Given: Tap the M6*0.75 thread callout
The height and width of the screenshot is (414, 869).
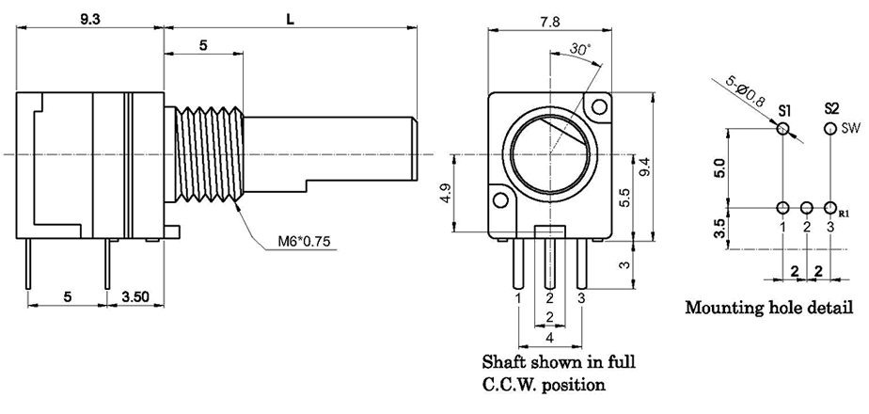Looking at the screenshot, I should click(300, 242).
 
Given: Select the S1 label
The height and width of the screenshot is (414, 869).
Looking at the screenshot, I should click(783, 109).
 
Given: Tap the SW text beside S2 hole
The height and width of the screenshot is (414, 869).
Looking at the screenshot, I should click(851, 127).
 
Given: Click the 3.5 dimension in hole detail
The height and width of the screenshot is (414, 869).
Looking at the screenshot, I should click(720, 229).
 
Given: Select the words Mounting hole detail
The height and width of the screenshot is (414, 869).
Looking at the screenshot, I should click(769, 307).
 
